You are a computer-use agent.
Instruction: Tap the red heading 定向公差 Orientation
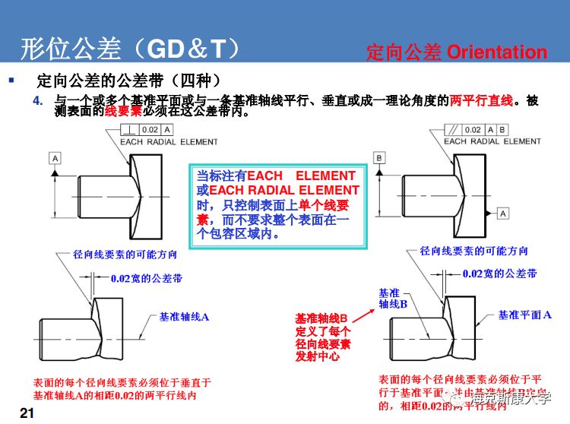coord(456,52)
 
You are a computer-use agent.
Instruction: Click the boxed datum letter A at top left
coord(55,157)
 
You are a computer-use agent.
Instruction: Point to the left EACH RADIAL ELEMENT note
coord(169,141)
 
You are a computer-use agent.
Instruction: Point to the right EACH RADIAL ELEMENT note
coord(492,141)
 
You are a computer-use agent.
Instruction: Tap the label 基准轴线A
coord(184,316)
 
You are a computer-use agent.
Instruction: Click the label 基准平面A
coord(524,315)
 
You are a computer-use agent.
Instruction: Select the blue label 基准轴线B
coord(393,298)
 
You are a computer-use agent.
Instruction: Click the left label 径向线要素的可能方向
coord(125,255)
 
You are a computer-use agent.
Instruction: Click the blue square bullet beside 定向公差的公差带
coord(11,80)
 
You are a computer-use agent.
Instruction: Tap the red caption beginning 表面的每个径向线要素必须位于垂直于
coord(122,388)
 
